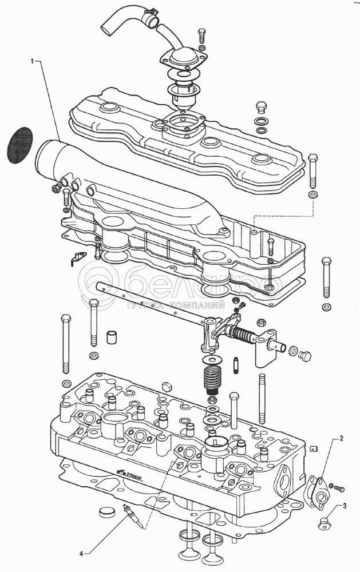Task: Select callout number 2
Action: [x=342, y=439]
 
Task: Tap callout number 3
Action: [x=344, y=506]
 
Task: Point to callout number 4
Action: [x=81, y=553]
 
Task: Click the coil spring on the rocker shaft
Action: [x=243, y=336]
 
